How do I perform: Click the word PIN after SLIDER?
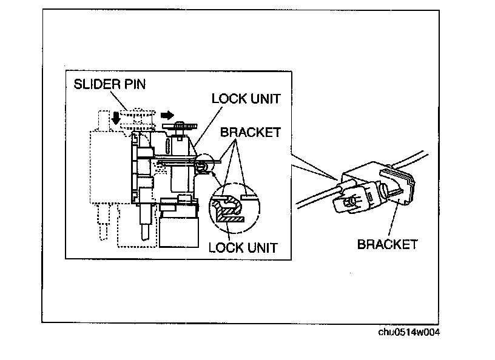(x=133, y=84)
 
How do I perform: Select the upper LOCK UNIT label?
(x=245, y=98)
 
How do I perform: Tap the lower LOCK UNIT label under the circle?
(x=242, y=247)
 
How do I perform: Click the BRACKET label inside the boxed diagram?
(x=250, y=131)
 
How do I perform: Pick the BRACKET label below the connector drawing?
(x=387, y=244)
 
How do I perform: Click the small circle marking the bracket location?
(x=206, y=164)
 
